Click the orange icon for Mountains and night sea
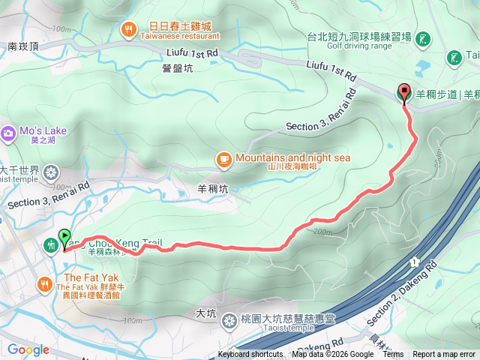[223, 158]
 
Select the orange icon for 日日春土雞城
[129, 30]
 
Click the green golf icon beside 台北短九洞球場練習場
[422, 38]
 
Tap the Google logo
[28, 349]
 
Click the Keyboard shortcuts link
[250, 355]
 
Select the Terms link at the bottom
[393, 355]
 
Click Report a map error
[444, 355]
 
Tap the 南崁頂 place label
[23, 46]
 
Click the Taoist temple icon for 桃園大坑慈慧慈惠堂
[229, 320]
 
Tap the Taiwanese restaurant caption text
[179, 36]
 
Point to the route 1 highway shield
[413, 262]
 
